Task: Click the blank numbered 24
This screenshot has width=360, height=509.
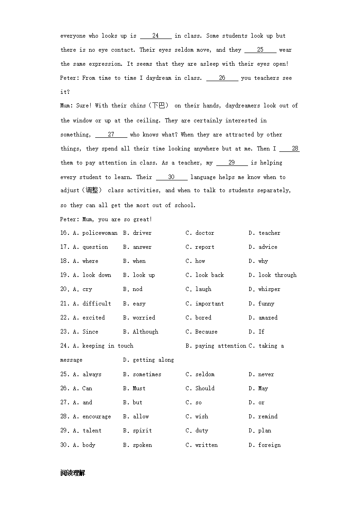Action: click(x=156, y=36)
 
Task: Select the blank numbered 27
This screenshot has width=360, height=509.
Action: click(x=111, y=135)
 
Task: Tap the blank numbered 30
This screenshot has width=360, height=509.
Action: click(x=171, y=177)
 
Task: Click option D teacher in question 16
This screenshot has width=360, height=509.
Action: click(x=269, y=233)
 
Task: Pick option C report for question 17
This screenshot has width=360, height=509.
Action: click(x=204, y=247)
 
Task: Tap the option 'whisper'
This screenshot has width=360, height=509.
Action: click(x=269, y=289)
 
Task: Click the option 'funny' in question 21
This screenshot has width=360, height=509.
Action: click(x=266, y=304)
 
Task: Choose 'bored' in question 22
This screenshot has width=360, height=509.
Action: click(x=203, y=318)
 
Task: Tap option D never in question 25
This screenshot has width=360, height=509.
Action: click(x=266, y=374)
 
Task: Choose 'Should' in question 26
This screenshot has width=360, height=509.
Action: click(x=205, y=388)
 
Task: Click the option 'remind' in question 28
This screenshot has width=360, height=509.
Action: click(x=268, y=417)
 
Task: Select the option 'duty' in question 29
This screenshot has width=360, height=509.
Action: click(x=202, y=431)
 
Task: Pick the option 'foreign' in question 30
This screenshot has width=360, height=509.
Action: click(x=269, y=445)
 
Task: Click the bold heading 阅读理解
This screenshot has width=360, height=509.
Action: click(x=73, y=473)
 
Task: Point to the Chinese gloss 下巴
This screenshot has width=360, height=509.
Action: click(x=158, y=106)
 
